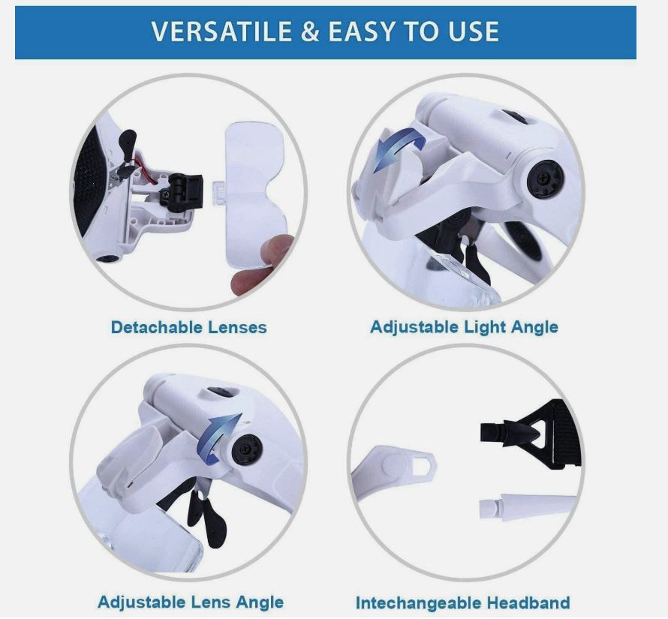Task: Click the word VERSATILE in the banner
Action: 221,32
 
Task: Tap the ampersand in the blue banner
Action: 310,32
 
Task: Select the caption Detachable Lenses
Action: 188,327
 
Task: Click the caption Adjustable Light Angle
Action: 464,327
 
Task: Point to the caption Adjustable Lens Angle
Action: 191,602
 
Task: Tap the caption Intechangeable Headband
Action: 462,602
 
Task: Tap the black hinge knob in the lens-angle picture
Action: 247,449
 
